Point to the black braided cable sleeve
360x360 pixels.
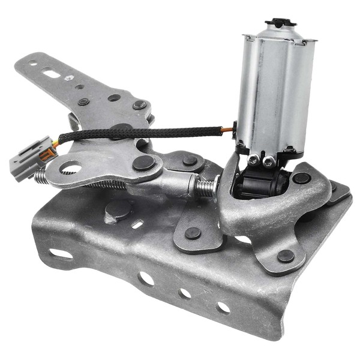tap(150, 133)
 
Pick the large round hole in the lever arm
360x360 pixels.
tap(70, 167)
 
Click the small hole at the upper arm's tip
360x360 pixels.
tap(31, 62)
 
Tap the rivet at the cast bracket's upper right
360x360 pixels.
tap(301, 178)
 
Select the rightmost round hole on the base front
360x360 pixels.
tap(223, 308)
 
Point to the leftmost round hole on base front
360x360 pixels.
tap(146, 278)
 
